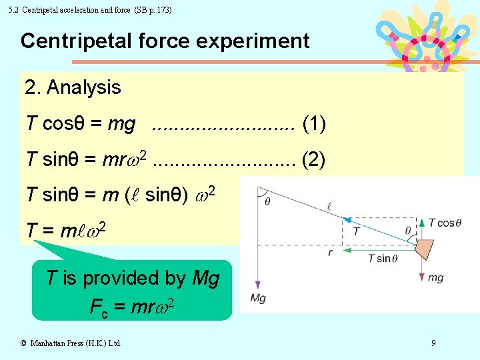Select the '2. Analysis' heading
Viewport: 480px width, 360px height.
tap(73, 87)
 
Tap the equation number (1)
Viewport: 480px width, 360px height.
tap(314, 123)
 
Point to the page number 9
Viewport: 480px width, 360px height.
tap(433, 343)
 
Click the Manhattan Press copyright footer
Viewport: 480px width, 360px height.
tap(71, 343)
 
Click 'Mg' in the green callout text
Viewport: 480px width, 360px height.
tap(205, 278)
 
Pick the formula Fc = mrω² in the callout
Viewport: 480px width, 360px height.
tap(133, 307)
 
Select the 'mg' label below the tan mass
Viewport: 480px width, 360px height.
tap(435, 277)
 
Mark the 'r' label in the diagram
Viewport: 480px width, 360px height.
tap(330, 253)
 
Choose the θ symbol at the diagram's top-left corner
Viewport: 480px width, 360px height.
tap(267, 201)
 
